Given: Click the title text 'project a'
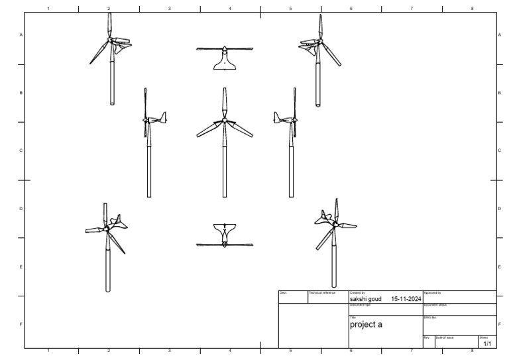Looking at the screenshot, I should [366, 325].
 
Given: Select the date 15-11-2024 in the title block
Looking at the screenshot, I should [406, 299].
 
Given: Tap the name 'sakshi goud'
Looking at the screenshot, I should [365, 299].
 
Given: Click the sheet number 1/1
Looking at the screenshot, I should [487, 344].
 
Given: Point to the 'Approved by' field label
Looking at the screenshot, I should [432, 292].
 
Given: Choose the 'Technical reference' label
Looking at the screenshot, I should [322, 292].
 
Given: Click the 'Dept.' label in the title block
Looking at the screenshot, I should [283, 292].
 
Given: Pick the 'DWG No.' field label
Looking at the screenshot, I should [430, 318].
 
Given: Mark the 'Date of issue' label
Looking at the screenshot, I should [445, 338].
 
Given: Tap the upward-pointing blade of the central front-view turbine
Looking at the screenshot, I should [225, 103].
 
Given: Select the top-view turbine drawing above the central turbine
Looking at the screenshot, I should [225, 56].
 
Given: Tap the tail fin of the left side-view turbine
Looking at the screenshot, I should [163, 117].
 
